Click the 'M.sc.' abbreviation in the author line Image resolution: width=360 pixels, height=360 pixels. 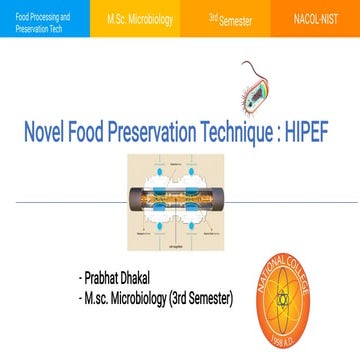(x=95, y=297)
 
